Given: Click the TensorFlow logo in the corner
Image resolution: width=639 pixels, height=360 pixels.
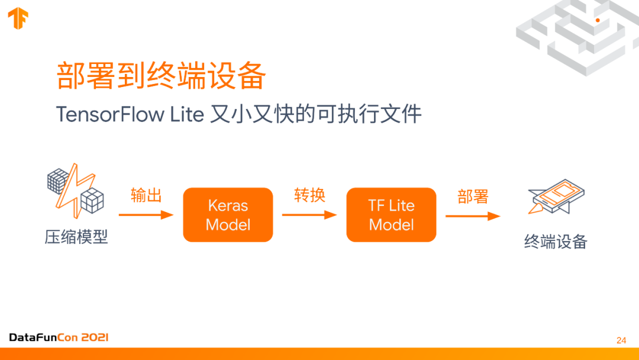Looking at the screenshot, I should click(x=18, y=18).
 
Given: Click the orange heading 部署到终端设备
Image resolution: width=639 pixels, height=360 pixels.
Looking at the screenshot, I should click(x=161, y=76).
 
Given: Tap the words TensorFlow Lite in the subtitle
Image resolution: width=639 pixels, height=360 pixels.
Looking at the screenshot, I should click(x=130, y=114).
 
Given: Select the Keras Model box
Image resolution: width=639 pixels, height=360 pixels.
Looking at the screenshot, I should click(x=228, y=215).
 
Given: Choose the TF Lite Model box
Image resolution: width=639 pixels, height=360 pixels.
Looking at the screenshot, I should click(x=391, y=215).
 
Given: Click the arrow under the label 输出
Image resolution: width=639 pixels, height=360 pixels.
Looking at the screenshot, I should click(x=146, y=215).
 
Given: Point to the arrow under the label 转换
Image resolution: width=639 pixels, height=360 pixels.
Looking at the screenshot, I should click(x=309, y=215).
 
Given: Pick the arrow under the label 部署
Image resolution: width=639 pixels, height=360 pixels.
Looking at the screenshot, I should click(x=473, y=216).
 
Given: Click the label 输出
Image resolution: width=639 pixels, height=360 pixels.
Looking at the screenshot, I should click(x=146, y=195).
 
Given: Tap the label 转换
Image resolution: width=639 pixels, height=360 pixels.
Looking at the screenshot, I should click(x=309, y=195).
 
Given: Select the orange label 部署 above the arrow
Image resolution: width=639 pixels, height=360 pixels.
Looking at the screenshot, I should click(x=473, y=197).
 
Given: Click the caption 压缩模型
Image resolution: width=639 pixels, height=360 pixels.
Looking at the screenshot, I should click(x=76, y=237).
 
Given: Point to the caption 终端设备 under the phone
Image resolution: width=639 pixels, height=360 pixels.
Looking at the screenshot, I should click(x=556, y=241).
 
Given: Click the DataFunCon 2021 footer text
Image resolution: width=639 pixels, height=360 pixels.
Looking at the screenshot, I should click(x=59, y=337).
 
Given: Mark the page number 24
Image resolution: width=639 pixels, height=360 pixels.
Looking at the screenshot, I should click(x=621, y=340).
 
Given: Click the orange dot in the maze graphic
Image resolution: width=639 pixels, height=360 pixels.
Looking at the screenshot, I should click(x=598, y=20).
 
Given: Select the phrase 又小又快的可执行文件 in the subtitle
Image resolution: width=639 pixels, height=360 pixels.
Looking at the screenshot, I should click(x=316, y=114).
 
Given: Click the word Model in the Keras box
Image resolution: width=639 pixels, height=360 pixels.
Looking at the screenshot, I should click(x=228, y=225).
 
